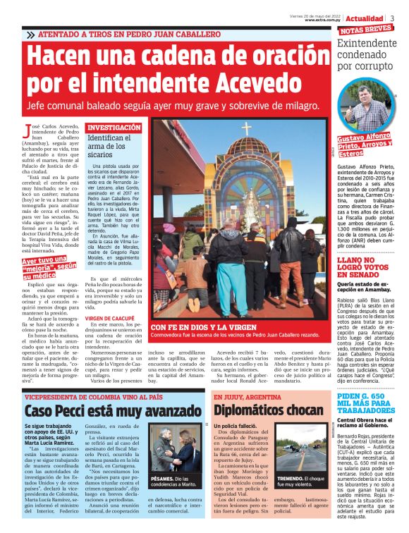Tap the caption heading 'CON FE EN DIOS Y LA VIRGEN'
(202, 348)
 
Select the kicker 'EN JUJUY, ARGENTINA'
(243, 396)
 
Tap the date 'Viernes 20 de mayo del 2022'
(316, 15)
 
